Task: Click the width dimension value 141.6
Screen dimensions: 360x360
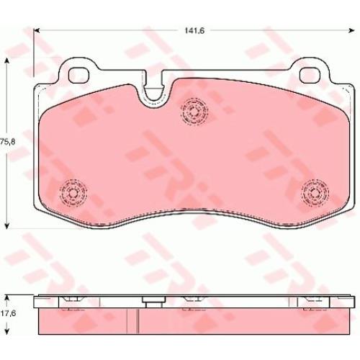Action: pyautogui.click(x=194, y=31)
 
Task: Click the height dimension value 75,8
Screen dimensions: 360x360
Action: pyautogui.click(x=7, y=142)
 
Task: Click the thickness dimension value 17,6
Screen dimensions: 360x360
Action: pyautogui.click(x=9, y=313)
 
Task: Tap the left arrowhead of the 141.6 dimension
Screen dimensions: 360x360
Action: pyautogui.click(x=36, y=30)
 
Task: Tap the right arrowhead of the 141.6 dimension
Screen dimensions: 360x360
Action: pyautogui.click(x=351, y=30)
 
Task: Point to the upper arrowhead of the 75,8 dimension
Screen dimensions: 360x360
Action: pyautogui.click(x=7, y=61)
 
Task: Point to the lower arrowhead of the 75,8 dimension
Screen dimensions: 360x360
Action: pyautogui.click(x=7, y=225)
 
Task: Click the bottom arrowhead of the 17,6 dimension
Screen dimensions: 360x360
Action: pyautogui.click(x=7, y=331)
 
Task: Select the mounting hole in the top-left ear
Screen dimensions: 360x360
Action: pyautogui.click(x=78, y=75)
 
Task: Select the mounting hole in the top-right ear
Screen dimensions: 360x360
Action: pyautogui.click(x=310, y=75)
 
